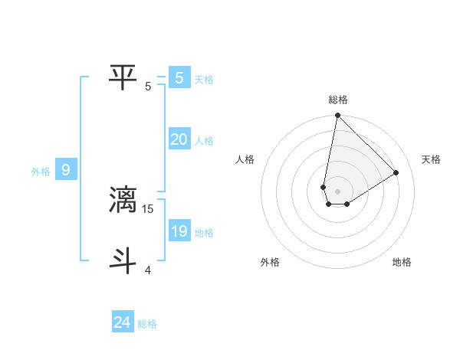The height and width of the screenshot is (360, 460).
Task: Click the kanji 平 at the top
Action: (123, 77)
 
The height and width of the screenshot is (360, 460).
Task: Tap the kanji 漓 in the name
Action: (123, 199)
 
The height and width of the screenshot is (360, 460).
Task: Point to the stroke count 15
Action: (149, 208)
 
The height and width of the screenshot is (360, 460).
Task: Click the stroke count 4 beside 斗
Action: (148, 270)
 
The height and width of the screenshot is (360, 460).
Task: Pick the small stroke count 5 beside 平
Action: (148, 86)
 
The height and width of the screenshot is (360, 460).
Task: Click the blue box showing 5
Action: (179, 77)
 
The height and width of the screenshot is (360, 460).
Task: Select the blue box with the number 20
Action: (179, 139)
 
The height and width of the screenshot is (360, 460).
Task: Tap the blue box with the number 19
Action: (179, 231)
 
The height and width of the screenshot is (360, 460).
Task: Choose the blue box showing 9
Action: (65, 170)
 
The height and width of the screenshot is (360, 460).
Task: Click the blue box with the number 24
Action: (122, 322)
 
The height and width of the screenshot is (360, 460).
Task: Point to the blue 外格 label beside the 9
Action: (41, 172)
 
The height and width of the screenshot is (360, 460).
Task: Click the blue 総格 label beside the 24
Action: (147, 324)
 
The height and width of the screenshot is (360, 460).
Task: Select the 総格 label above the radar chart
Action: (338, 100)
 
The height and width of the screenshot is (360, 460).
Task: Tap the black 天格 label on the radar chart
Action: (432, 159)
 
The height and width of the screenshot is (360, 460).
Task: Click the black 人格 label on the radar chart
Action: (245, 159)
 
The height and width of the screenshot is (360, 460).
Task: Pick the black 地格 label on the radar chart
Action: (402, 262)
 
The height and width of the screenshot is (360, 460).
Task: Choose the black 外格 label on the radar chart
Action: (270, 262)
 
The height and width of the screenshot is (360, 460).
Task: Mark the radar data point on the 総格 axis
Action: (337, 116)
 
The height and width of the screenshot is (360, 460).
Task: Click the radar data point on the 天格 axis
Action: (396, 172)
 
